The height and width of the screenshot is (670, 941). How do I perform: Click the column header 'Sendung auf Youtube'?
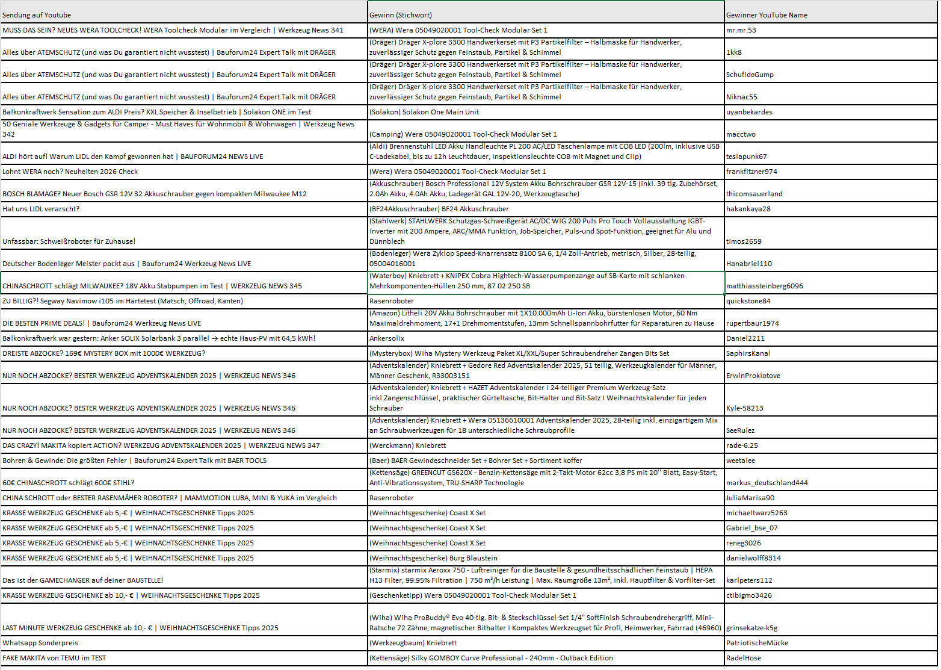click(x=37, y=15)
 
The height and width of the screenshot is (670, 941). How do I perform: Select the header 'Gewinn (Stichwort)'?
click(x=401, y=15)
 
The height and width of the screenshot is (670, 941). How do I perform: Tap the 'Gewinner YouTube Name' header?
click(x=767, y=15)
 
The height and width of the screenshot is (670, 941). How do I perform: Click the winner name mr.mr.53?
click(x=741, y=30)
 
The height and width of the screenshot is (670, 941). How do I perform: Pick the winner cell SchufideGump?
click(x=750, y=75)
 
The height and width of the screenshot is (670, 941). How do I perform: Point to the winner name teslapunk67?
click(x=746, y=157)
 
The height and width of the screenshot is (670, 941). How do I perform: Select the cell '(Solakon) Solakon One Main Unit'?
click(x=424, y=112)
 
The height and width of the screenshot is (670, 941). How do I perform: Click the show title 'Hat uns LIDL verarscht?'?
click(x=41, y=209)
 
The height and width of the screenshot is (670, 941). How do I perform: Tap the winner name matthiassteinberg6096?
click(x=764, y=286)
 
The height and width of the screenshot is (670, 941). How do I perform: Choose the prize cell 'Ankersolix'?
click(x=387, y=338)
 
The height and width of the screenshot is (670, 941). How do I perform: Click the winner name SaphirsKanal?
click(x=748, y=353)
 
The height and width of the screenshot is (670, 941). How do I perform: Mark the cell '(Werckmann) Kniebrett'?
click(x=407, y=445)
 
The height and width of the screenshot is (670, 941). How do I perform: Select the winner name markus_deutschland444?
click(x=767, y=483)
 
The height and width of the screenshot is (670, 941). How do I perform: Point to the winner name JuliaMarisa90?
click(x=750, y=498)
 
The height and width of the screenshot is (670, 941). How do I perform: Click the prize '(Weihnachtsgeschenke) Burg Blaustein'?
click(x=433, y=558)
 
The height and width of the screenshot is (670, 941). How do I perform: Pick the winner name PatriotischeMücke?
click(x=757, y=643)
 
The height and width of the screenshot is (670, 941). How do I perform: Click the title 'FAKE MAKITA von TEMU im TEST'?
click(x=54, y=658)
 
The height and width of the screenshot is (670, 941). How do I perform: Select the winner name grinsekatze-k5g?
click(x=751, y=628)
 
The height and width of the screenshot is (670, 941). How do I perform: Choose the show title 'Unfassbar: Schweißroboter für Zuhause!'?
click(x=69, y=241)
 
